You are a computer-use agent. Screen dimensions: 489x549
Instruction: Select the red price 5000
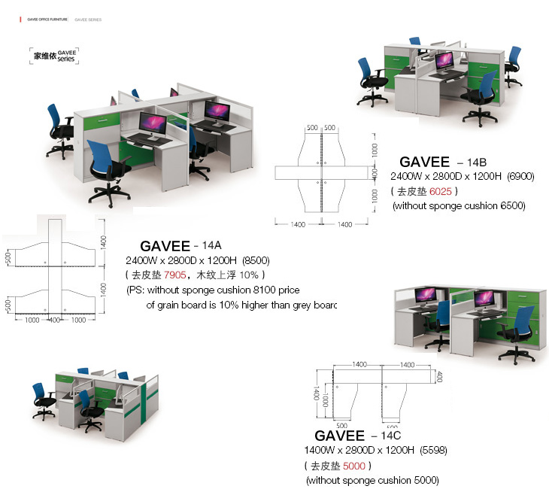(354, 466)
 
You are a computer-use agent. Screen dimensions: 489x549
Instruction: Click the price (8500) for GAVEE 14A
(252, 260)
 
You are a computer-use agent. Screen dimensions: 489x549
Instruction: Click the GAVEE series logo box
(53, 55)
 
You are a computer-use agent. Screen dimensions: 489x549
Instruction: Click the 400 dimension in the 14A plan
(54, 320)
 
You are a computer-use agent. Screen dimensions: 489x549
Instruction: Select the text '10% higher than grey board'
(271, 305)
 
